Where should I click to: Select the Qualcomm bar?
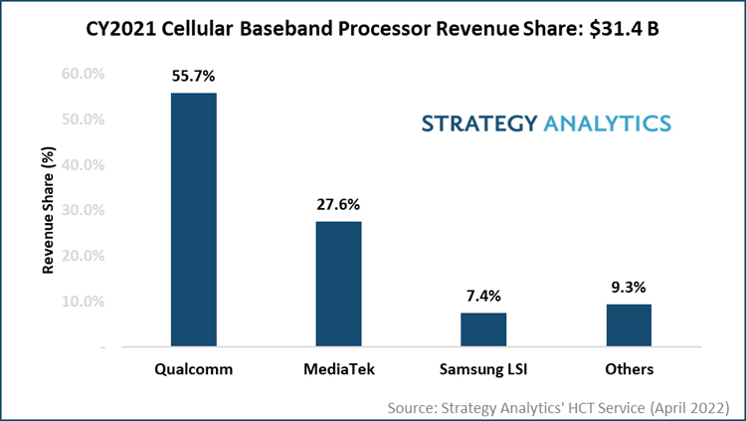click(x=194, y=220)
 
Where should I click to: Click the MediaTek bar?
click(x=339, y=284)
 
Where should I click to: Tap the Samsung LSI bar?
click(x=483, y=329)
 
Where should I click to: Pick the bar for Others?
click(x=628, y=325)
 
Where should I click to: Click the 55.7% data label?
click(x=194, y=75)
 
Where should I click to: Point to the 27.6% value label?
click(x=339, y=203)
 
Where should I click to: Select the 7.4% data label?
click(x=483, y=295)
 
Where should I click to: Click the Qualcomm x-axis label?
click(x=194, y=369)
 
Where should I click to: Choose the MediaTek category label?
click(x=339, y=369)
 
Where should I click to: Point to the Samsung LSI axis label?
click(x=483, y=369)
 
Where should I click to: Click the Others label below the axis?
click(x=628, y=369)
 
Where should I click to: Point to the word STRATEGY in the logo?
click(x=478, y=123)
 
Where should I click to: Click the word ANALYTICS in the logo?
click(x=607, y=123)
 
